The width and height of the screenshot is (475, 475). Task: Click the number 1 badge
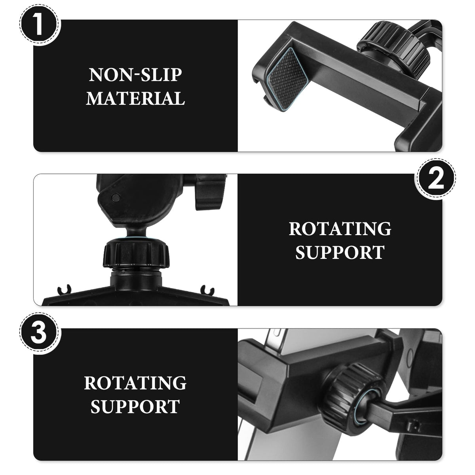[x=40, y=25]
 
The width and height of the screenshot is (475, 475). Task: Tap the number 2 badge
[x=435, y=179]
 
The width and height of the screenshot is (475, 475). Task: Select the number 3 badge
[x=40, y=333]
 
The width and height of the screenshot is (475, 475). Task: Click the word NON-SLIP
[x=135, y=75]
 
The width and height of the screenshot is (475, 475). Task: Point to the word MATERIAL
[x=135, y=98]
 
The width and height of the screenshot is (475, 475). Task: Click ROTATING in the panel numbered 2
[x=340, y=228]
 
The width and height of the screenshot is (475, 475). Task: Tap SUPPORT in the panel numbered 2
[x=340, y=252]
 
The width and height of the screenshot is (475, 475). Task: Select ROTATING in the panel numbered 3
[x=135, y=383]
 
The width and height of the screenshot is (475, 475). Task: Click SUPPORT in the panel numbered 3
[x=135, y=407]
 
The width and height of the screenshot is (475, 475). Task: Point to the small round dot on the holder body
[x=116, y=198]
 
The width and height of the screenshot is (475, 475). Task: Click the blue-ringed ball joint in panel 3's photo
[x=364, y=411]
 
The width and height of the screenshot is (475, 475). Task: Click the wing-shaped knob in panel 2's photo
[x=207, y=192]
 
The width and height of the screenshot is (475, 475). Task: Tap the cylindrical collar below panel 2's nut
[x=136, y=280]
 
